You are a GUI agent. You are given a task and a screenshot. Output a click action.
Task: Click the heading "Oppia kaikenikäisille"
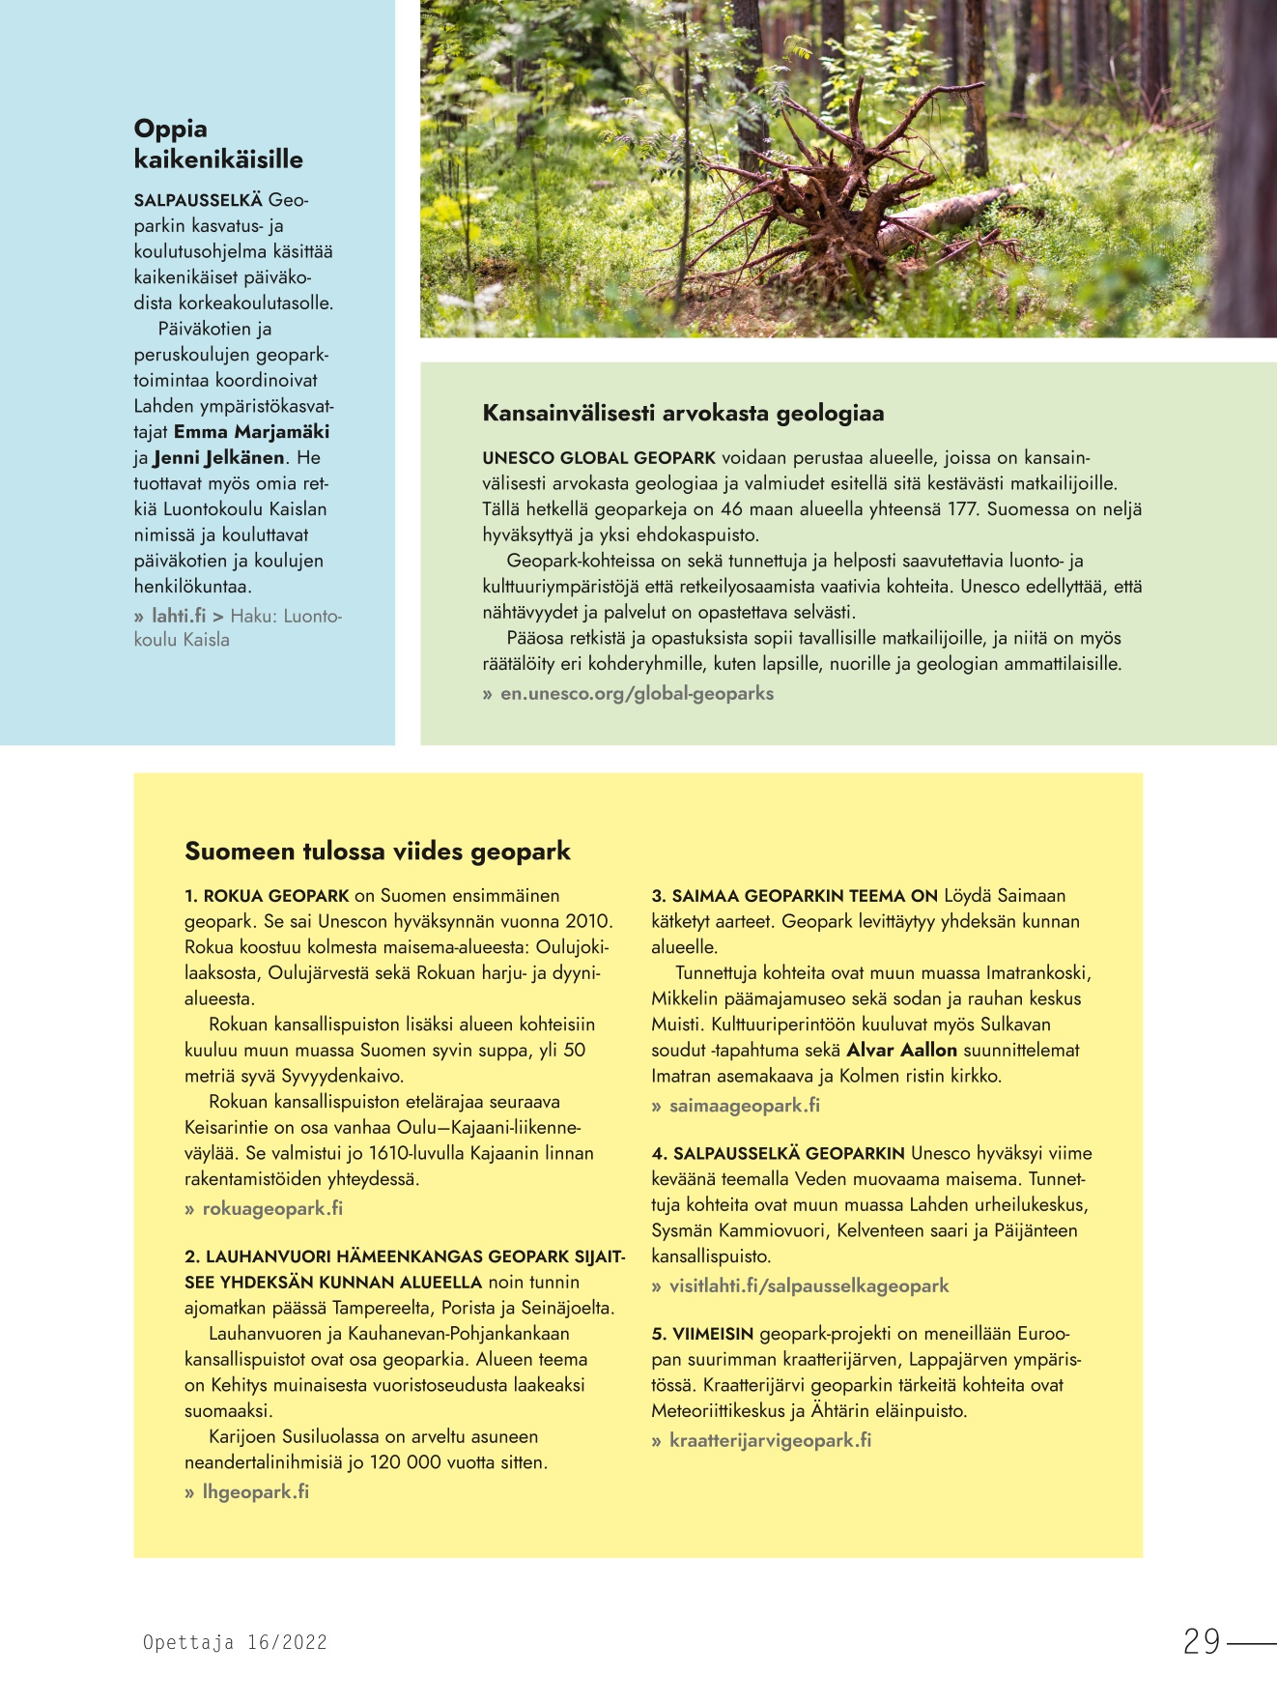[218, 144]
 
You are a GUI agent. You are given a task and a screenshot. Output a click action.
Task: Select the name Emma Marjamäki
[251, 432]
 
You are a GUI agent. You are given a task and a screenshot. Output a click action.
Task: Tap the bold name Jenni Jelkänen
[218, 458]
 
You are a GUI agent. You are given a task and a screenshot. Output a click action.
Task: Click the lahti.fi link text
[179, 616]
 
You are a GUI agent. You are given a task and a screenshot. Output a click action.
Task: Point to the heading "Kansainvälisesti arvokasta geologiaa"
[683, 414]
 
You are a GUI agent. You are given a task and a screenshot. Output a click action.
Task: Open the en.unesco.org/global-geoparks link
[637, 693]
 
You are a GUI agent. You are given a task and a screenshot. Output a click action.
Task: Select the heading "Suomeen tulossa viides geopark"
[378, 852]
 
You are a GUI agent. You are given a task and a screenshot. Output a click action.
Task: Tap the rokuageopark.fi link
[272, 1208]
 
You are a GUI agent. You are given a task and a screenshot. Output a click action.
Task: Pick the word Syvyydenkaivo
[342, 1076]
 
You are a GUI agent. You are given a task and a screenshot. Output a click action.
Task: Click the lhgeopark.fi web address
[255, 1491]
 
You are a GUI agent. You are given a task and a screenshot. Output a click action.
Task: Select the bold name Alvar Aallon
[901, 1051]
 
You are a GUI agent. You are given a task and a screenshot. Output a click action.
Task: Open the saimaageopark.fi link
[744, 1105]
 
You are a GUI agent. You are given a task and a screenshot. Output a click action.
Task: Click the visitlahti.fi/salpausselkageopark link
[809, 1285]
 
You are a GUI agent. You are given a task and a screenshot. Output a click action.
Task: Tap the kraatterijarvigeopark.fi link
[770, 1440]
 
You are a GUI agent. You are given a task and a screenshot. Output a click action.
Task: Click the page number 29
[1202, 1641]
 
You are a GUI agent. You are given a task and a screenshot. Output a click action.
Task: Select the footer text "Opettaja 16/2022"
[235, 1642]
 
